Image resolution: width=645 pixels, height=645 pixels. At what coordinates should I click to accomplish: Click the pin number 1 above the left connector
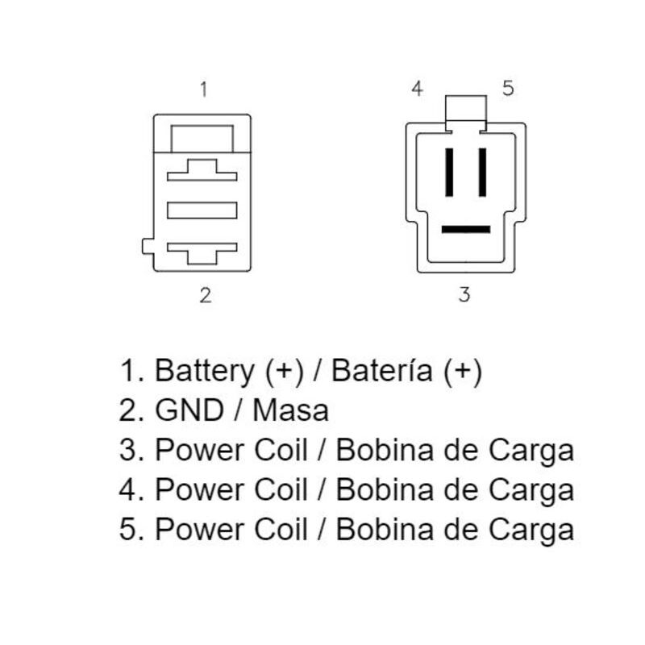click(x=204, y=89)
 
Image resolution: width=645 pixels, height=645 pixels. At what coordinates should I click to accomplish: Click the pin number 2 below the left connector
click(x=205, y=295)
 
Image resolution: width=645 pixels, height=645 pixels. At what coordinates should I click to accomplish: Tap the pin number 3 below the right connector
click(x=464, y=294)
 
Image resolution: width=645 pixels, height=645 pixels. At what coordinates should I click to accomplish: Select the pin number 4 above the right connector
click(x=417, y=89)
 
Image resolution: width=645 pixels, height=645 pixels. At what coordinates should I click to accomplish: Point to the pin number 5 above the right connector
click(x=508, y=89)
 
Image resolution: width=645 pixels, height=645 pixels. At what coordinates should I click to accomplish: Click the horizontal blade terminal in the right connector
click(x=465, y=229)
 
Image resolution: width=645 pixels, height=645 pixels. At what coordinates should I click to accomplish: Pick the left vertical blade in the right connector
click(x=449, y=172)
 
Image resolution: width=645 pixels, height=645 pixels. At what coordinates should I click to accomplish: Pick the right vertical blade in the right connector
click(x=482, y=172)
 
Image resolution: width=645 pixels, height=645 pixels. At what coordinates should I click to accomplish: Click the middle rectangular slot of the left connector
click(x=202, y=210)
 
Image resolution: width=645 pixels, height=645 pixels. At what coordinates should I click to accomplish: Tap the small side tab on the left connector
click(x=147, y=246)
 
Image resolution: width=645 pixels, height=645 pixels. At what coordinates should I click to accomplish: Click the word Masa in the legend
click(x=291, y=410)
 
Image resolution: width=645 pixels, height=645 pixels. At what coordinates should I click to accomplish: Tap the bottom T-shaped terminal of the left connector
click(x=202, y=250)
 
